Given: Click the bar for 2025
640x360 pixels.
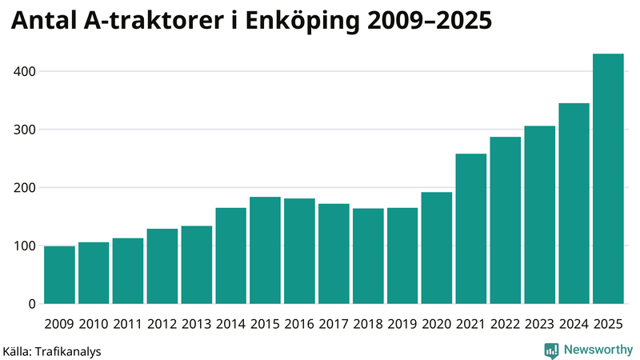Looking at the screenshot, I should pos(608,179).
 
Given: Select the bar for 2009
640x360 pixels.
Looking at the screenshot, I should pos(60,275).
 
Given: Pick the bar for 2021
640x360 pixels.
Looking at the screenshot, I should pos(471,229).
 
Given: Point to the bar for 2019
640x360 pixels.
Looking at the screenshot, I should pos(402,256).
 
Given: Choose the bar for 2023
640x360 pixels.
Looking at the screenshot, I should pos(540,215).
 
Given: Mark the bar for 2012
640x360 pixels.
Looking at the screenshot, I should pos(162,266).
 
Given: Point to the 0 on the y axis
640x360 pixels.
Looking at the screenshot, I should pos(32,304).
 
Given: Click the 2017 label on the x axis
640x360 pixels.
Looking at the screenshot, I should pos(334,324).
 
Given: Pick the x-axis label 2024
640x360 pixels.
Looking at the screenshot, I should pos(574,324).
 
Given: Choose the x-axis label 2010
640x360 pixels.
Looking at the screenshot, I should pos(94,324).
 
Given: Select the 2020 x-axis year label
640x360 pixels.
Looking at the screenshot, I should pos(437,324).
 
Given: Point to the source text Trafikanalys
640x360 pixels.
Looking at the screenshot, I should pos(67,350).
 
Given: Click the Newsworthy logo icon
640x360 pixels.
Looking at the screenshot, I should pos(551,350).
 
